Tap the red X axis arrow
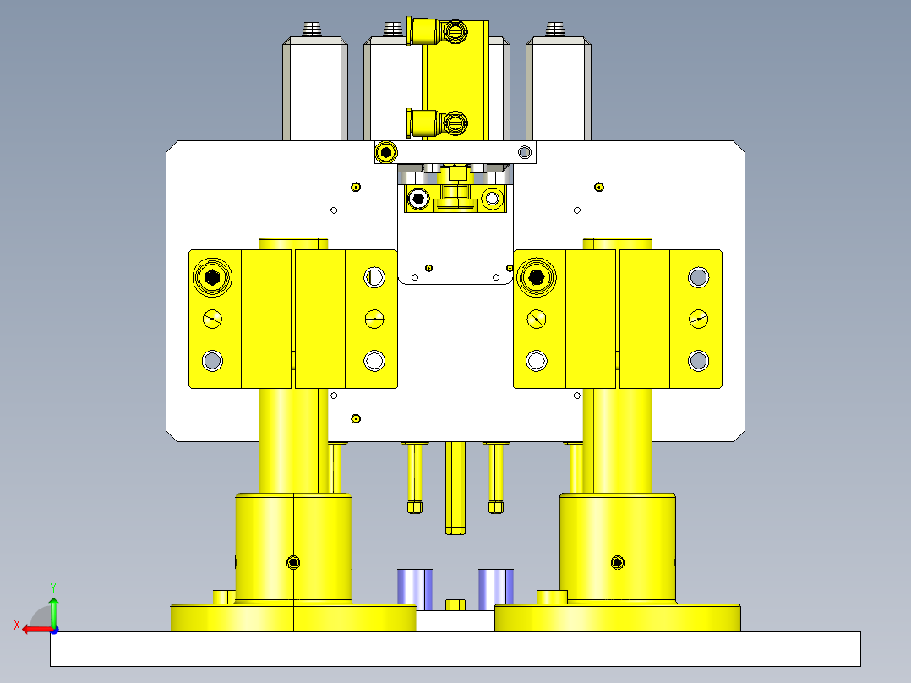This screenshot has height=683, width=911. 38,630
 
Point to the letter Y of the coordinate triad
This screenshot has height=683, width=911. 53,588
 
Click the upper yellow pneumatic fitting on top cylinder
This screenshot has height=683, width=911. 437,30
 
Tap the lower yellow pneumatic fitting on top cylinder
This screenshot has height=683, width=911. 437,123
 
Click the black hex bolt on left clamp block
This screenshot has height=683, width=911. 212,277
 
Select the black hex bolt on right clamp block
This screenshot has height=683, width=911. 537,277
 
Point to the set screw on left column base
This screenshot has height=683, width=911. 293,562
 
